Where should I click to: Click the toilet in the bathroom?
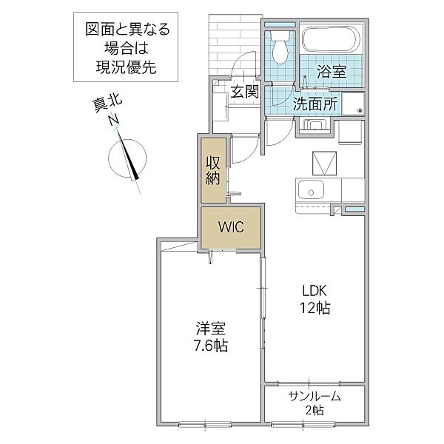click(x=280, y=47)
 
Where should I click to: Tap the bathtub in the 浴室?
click(x=331, y=39)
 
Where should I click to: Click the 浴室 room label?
click(x=332, y=71)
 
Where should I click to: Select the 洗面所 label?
click(x=314, y=104)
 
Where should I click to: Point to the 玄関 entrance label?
click(x=245, y=92)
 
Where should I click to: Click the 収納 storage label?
click(x=212, y=170)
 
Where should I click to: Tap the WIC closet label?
click(x=231, y=227)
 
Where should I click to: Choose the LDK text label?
click(x=314, y=291)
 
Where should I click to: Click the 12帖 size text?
click(x=315, y=308)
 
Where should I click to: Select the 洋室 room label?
click(x=210, y=329)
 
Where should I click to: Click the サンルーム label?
click(x=314, y=397)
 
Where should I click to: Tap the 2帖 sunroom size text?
click(x=314, y=410)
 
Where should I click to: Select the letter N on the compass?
click(x=114, y=120)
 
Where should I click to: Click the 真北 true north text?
click(x=107, y=104)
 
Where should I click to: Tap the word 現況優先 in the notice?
click(x=126, y=67)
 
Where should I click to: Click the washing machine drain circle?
click(x=360, y=110)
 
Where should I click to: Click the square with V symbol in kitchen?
click(x=325, y=164)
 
